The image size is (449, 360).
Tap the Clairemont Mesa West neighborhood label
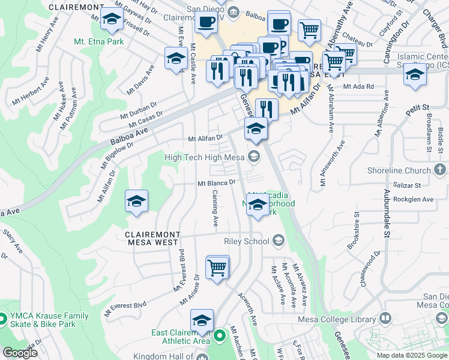[152, 238]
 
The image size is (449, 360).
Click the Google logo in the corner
[20, 353]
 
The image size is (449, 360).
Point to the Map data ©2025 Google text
[411, 355]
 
